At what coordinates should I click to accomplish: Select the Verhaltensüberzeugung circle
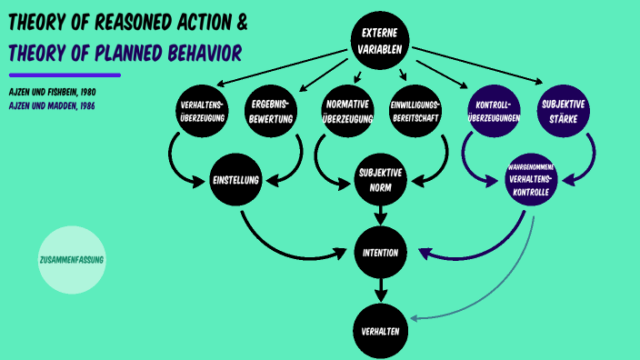pyautogui.click(x=201, y=111)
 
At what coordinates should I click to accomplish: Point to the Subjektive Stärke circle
pyautogui.click(x=564, y=111)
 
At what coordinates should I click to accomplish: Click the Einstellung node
pyautogui.click(x=236, y=180)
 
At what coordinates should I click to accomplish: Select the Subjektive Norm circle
pyautogui.click(x=381, y=180)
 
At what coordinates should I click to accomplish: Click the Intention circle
pyautogui.click(x=381, y=252)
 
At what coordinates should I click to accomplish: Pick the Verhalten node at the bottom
pyautogui.click(x=381, y=331)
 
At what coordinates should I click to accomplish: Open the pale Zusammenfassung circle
pyautogui.click(x=72, y=259)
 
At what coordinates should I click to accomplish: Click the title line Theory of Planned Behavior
pyautogui.click(x=125, y=54)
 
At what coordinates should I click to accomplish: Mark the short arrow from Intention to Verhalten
pyautogui.click(x=381, y=292)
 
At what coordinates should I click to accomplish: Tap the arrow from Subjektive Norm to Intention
pyautogui.click(x=381, y=216)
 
